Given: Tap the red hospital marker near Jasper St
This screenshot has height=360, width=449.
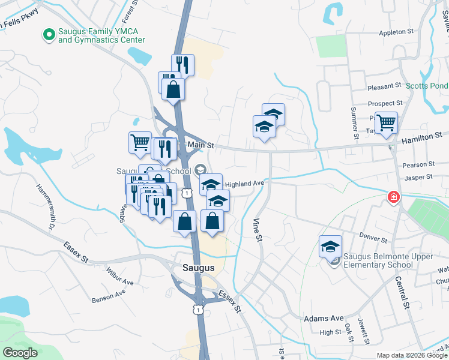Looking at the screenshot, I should coord(393,197).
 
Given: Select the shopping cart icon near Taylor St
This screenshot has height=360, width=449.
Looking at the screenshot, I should coord(386,122).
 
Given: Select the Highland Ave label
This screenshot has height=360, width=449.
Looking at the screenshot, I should coord(244,183).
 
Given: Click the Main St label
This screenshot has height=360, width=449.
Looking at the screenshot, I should coord(200,145).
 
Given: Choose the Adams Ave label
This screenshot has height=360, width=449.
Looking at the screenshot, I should coord(324,318).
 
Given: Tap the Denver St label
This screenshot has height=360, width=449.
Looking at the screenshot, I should coord(373,239).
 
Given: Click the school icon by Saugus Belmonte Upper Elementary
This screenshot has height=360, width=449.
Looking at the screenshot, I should coord(330,246).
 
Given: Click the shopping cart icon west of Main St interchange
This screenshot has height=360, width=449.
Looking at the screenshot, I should coord(140,142).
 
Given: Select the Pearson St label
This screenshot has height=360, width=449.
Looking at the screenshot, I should coord(419,164).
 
